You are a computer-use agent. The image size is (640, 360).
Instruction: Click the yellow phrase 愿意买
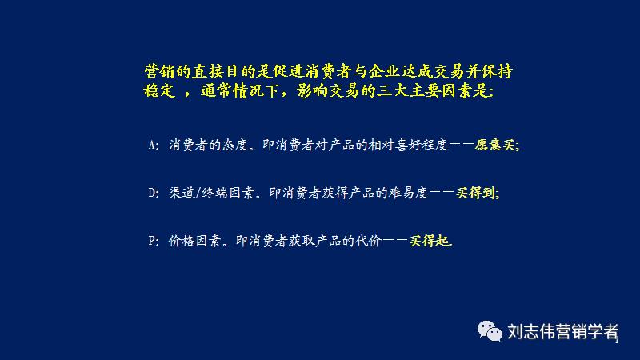click(497, 146)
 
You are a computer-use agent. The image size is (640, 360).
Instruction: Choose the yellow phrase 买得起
click(430, 240)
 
